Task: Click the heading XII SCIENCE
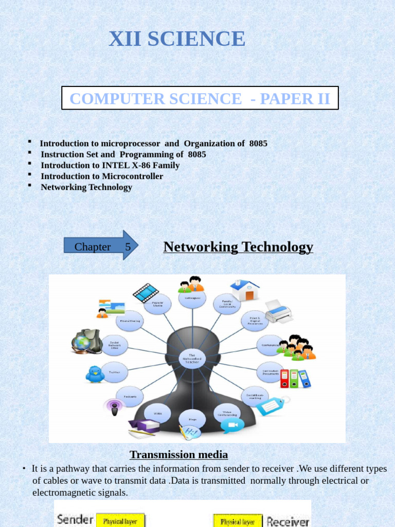177,39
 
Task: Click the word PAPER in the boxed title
285,98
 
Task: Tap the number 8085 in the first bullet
258,144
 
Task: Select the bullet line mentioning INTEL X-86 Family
110,165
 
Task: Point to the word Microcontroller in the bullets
132,176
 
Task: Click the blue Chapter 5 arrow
101,245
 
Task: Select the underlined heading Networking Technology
238,247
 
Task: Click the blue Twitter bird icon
95,374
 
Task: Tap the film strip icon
146,292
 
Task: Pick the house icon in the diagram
245,290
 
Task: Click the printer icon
278,311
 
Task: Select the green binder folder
294,379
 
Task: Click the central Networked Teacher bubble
192,358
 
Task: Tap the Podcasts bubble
130,396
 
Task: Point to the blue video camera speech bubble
232,425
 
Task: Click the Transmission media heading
178,454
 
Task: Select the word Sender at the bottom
75,519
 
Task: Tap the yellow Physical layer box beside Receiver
238,521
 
